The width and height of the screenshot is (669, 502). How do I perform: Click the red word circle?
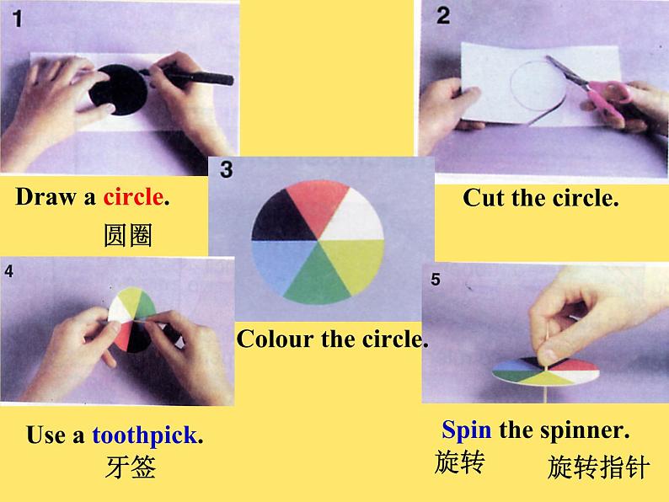click(x=132, y=197)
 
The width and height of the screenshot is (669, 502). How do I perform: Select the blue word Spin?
click(x=466, y=430)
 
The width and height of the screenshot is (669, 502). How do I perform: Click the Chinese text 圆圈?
click(x=127, y=235)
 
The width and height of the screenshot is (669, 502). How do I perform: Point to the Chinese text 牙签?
click(x=131, y=467)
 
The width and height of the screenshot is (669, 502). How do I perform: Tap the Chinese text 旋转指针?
click(x=598, y=467)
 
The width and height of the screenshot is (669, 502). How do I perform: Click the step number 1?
click(x=17, y=19)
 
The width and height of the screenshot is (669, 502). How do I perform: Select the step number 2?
click(x=443, y=16)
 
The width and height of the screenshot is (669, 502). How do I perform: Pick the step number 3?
click(x=227, y=169)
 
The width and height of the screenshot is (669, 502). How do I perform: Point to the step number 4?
click(x=9, y=271)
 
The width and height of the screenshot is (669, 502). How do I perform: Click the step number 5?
click(x=436, y=280)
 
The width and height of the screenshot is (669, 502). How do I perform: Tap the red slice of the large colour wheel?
click(x=318, y=205)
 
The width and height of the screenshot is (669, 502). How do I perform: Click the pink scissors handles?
click(x=608, y=97)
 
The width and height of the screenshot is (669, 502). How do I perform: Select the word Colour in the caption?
click(x=275, y=339)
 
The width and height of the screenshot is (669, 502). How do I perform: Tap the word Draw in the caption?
click(x=45, y=197)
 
